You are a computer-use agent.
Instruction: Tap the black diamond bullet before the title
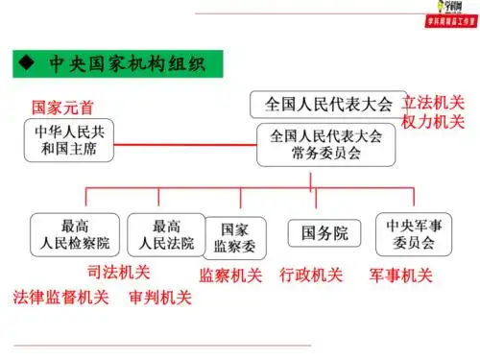point(27,65)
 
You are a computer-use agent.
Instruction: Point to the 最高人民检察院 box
point(76,234)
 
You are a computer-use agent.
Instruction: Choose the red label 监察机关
point(230,276)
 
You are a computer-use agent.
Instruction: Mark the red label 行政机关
point(311,276)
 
